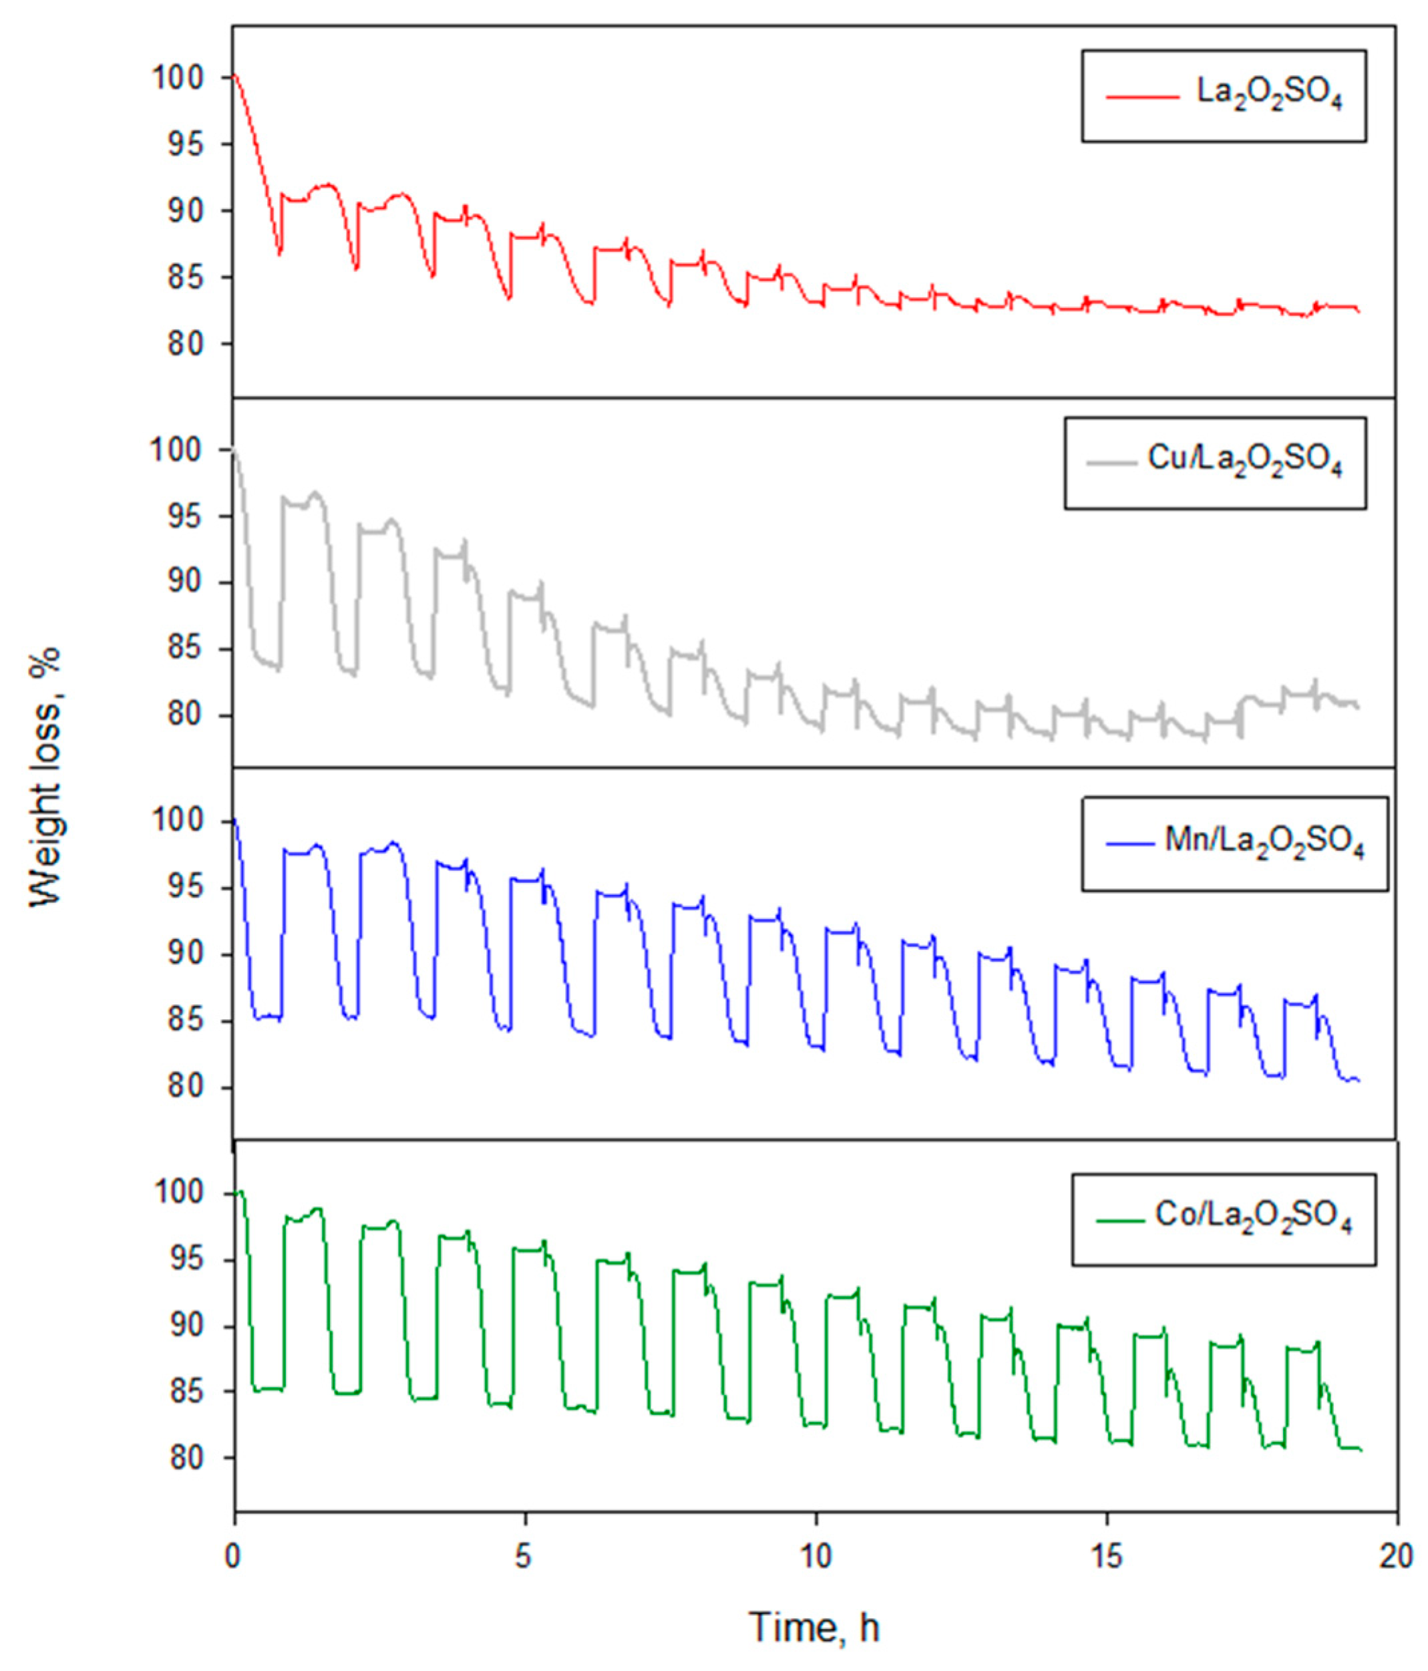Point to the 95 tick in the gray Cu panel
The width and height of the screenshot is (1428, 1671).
coord(184,516)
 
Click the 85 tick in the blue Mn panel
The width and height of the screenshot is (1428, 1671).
coord(184,1021)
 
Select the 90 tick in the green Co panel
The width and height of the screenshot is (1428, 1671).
coord(184,1326)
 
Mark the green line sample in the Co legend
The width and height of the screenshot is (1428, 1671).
coord(1120,1221)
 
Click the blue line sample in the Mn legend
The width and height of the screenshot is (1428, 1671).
coord(1129,844)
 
